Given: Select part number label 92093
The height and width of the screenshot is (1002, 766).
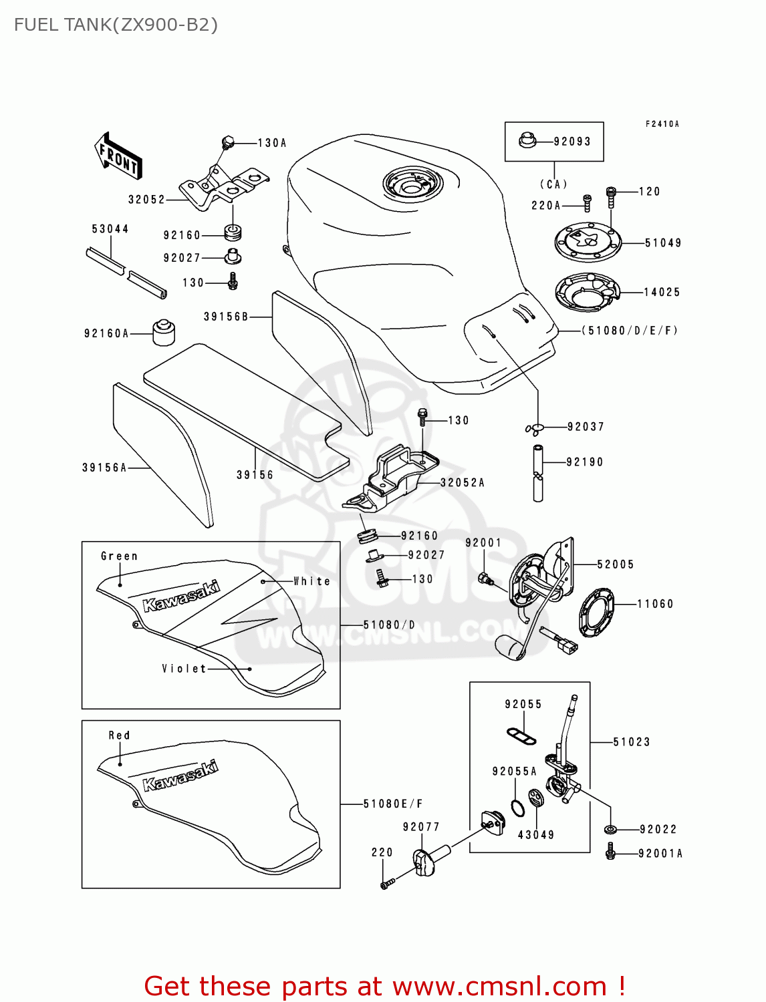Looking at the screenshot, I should click(572, 142).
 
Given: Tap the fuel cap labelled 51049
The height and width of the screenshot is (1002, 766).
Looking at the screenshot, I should click(588, 242).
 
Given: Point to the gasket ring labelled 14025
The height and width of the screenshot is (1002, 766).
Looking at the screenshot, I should click(587, 292).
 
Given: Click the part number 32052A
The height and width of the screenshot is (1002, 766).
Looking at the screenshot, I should click(463, 482).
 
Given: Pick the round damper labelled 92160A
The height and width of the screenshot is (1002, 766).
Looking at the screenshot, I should click(164, 333).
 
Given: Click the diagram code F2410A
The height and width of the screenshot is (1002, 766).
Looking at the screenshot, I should click(662, 124).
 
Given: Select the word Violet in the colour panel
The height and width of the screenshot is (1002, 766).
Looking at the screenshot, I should click(184, 669).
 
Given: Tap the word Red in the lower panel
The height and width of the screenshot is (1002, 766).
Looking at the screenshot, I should click(119, 735).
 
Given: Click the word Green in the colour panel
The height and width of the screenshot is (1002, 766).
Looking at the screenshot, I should click(119, 556).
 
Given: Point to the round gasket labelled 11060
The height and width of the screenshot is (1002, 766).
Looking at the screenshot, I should click(596, 612).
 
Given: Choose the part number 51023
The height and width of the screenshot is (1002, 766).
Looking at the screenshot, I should click(632, 742).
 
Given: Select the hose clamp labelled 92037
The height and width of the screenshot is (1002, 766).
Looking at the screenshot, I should click(535, 428).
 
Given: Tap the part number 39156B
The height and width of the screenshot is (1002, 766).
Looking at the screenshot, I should click(226, 317).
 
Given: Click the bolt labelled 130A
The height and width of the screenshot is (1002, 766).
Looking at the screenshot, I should click(227, 142).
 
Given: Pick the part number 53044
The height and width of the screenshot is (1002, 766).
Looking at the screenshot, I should click(110, 229).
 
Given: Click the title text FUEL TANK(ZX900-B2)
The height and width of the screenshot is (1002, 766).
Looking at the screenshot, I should click(116, 25).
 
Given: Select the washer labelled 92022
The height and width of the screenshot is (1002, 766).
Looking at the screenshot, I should click(610, 830).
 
